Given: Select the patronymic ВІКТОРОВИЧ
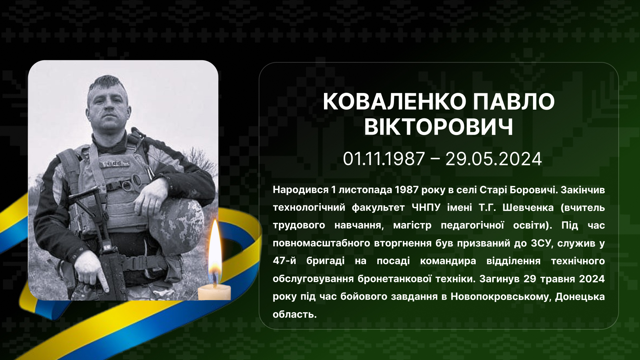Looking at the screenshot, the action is click(439, 127).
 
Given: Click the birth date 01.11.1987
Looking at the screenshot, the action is click(384, 159).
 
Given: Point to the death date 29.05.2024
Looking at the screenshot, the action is click(494, 159).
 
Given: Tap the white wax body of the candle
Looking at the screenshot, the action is click(214, 292).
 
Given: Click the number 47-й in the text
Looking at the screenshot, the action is click(284, 261).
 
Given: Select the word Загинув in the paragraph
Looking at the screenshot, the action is click(499, 279).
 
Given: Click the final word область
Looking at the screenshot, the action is click(295, 314).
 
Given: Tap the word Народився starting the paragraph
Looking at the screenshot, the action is click(301, 190).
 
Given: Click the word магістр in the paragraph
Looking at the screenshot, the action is click(412, 226).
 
